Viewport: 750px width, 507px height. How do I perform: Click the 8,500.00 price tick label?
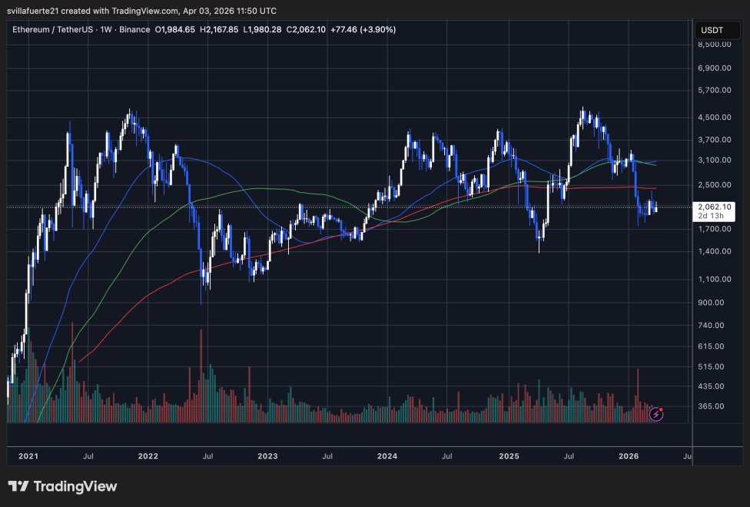tap(714, 45)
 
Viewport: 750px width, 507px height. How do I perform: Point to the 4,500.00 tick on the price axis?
tap(714, 118)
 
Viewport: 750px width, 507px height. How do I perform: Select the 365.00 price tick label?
tap(714, 406)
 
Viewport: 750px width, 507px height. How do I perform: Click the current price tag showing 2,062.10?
tap(714, 207)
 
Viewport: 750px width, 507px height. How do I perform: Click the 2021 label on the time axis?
tap(28, 456)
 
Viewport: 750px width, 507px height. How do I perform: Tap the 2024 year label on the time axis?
tap(387, 456)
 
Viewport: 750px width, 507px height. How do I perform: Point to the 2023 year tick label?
tap(267, 456)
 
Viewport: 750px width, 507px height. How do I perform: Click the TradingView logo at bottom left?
tap(62, 486)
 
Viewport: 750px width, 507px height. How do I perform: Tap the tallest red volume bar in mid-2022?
tap(201, 376)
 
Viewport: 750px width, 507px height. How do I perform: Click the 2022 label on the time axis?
tap(148, 456)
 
